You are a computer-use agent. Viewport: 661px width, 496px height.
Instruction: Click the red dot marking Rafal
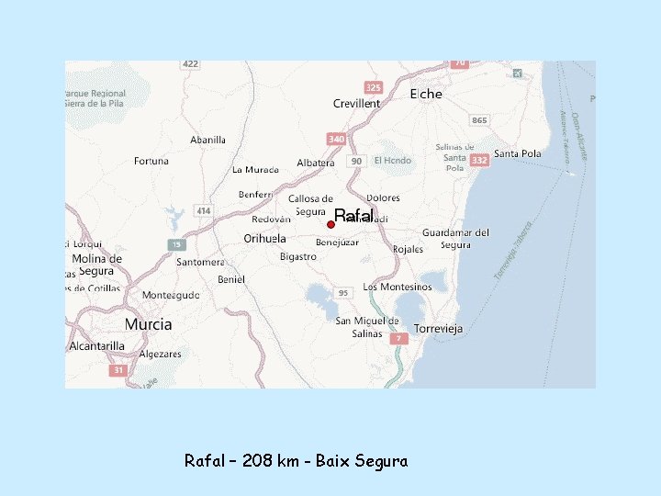[330, 224]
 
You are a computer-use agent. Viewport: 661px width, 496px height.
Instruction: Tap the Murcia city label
[148, 324]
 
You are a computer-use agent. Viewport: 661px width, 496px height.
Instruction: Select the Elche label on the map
[426, 94]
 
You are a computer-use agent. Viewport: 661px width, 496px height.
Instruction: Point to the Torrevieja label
[439, 328]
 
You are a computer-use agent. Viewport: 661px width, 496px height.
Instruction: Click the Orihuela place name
[265, 238]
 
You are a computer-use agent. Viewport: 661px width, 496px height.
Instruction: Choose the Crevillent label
[356, 104]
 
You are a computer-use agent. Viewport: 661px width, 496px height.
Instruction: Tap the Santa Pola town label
[518, 153]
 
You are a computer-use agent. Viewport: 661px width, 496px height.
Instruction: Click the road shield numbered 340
[336, 139]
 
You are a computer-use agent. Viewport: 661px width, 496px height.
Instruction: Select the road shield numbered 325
[373, 87]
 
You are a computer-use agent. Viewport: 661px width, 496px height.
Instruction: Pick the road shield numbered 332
[478, 160]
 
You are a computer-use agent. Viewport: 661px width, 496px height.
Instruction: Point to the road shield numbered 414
[203, 211]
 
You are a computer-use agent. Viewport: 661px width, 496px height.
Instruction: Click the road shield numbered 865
[479, 120]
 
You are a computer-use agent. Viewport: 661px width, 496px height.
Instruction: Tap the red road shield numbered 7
[398, 338]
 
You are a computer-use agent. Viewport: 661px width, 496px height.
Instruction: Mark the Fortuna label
[151, 161]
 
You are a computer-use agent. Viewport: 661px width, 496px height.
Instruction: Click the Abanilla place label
[207, 140]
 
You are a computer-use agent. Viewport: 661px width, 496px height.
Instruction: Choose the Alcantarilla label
[97, 346]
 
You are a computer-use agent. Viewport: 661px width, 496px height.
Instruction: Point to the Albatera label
[316, 163]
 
